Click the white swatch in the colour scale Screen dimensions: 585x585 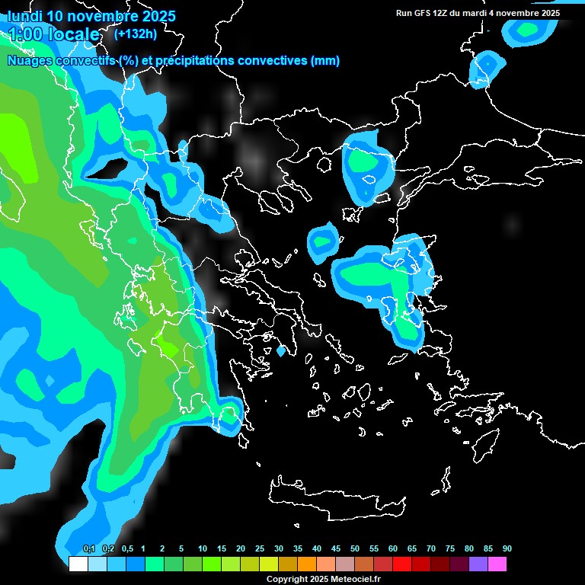point(78,564)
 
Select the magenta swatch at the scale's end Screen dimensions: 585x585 point(497,564)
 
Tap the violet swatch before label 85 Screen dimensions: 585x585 point(478,564)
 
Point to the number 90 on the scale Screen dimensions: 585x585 point(507,549)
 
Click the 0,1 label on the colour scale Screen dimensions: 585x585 point(89,549)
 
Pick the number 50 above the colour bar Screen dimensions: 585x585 point(355,549)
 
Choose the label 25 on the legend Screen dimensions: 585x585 point(260,549)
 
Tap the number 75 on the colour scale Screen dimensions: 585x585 point(450,549)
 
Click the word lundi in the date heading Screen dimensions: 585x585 point(25,16)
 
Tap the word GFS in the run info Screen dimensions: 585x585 point(421,13)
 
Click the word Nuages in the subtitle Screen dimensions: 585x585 point(29,61)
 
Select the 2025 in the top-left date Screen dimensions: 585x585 point(156,16)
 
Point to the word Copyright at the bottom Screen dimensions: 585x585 point(286,580)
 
